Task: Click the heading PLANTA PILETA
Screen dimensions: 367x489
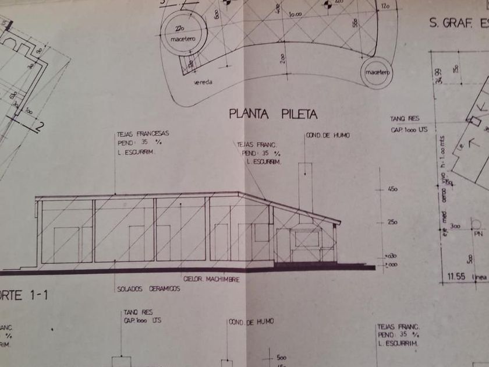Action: [265, 114]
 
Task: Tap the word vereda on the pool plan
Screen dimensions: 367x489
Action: [203, 82]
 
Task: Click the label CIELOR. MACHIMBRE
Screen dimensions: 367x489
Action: [211, 279]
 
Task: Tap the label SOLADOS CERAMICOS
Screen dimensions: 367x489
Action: [148, 289]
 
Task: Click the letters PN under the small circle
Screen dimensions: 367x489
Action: [479, 234]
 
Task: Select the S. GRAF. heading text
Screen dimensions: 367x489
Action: [451, 23]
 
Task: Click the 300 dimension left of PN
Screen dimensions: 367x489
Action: [454, 225]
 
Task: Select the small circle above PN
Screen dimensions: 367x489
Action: [477, 224]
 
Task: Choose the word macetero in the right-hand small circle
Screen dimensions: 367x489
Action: [377, 72]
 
